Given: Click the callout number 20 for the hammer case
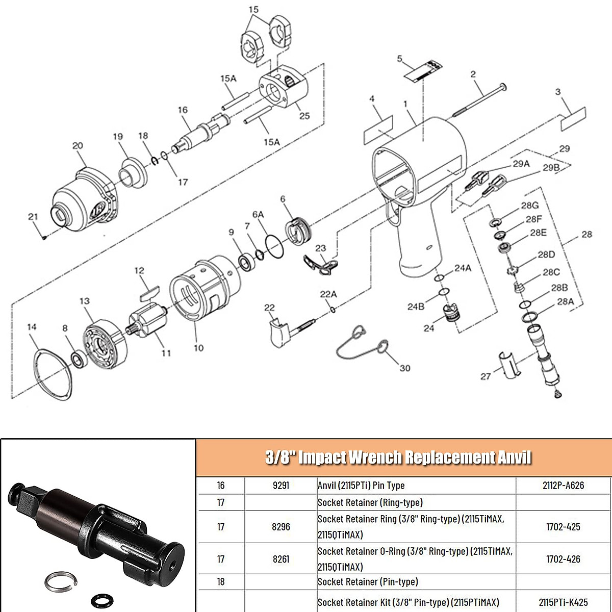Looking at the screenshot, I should click(x=78, y=146).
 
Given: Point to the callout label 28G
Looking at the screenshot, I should click(x=530, y=206).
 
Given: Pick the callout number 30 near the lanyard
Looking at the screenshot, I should click(x=405, y=368).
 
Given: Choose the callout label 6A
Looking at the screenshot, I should click(x=258, y=215).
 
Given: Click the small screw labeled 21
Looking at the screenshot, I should click(x=45, y=236).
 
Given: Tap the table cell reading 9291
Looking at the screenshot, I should click(x=281, y=486).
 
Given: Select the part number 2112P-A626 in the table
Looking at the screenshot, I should click(x=563, y=486).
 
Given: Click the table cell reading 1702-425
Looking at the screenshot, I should click(x=563, y=527).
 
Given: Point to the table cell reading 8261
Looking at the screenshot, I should click(x=281, y=559).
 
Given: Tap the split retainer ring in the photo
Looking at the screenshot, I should click(x=60, y=581).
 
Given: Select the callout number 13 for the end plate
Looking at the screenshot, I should click(x=85, y=301).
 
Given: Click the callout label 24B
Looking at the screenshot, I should click(x=416, y=307).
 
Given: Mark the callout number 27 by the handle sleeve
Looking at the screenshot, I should click(x=486, y=376).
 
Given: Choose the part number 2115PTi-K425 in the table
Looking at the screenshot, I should click(x=563, y=602).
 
